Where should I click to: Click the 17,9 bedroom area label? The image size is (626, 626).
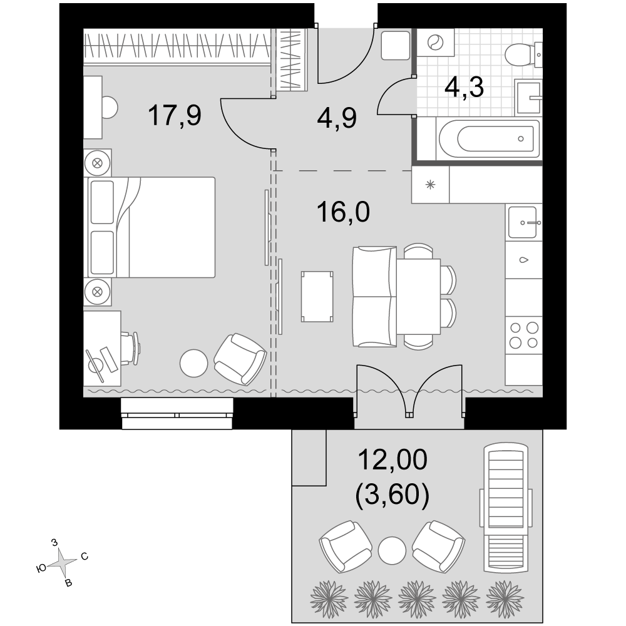point(175,115)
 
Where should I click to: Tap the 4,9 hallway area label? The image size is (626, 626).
point(337,118)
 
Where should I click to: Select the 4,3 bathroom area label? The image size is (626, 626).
point(464,87)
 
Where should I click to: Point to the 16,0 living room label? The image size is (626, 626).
point(343,212)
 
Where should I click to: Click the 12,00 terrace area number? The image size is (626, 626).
point(393,459)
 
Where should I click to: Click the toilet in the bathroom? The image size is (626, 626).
point(523,54)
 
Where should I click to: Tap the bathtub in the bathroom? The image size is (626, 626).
point(489,139)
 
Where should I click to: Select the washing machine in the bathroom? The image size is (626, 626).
point(436,43)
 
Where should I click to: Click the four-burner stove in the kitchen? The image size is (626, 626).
point(524,335)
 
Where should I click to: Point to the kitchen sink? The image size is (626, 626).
point(523,222)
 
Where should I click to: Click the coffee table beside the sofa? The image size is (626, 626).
point(317,296)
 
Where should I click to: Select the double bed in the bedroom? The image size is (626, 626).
point(151,227)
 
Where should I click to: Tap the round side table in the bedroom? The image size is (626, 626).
point(193,363)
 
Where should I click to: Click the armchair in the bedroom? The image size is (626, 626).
point(240,359)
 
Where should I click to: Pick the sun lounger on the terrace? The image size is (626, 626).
point(506,508)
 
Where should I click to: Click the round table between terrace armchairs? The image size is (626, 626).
point(392,550)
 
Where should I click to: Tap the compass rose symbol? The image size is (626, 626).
point(62,563)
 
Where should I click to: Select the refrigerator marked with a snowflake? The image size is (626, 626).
point(431,185)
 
